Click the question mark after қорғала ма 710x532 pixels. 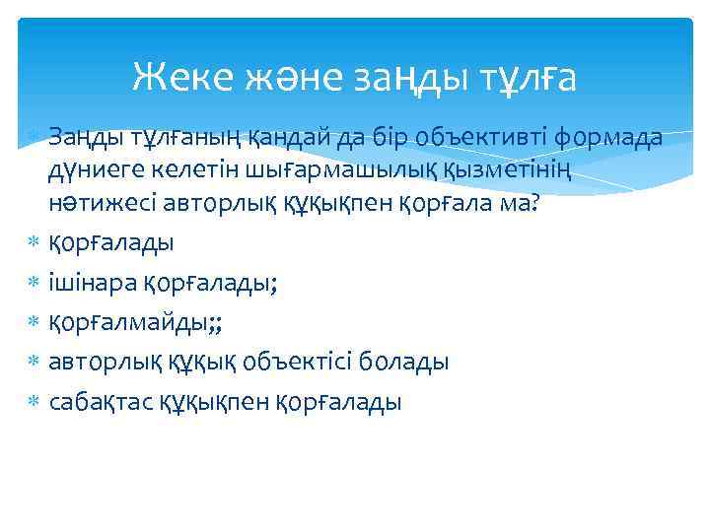[x=535, y=202]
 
